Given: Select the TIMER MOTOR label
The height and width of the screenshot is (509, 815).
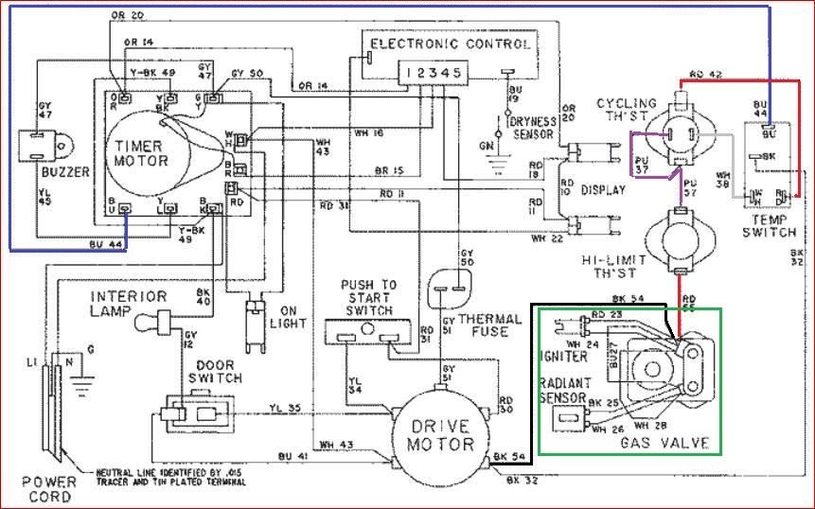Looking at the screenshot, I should pyautogui.click(x=142, y=153).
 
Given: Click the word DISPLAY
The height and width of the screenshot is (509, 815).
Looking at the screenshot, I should pyautogui.click(x=604, y=189).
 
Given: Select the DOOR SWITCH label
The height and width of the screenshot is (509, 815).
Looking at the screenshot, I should pyautogui.click(x=218, y=371).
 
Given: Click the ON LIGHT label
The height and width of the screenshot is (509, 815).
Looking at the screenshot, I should pyautogui.click(x=293, y=315).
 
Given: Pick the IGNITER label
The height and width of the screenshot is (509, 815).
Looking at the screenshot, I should pyautogui.click(x=565, y=356).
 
